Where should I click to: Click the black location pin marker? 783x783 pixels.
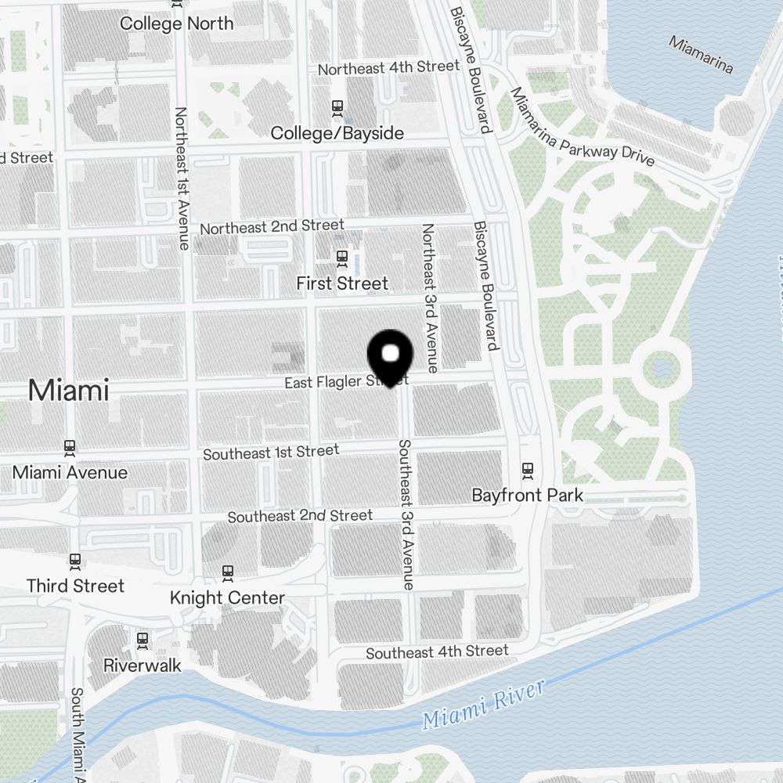(390, 357)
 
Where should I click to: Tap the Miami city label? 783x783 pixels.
(69, 390)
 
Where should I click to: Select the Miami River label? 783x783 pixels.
(482, 705)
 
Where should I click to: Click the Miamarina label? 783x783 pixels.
(701, 54)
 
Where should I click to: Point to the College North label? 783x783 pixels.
(176, 23)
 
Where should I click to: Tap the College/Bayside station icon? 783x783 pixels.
(338, 106)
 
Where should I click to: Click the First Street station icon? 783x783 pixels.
(341, 256)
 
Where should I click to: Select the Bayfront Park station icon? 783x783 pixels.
(528, 470)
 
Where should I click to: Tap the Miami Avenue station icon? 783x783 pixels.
(70, 447)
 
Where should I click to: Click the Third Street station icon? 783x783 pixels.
(75, 560)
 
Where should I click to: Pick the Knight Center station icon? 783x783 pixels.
(228, 572)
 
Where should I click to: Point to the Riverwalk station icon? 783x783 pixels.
(143, 640)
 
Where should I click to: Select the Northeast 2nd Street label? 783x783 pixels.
(272, 227)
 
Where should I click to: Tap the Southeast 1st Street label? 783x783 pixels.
(271, 453)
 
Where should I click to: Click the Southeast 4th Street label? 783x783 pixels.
(437, 651)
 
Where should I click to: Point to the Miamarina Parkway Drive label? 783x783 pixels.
(583, 126)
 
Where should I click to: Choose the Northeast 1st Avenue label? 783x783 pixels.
(182, 179)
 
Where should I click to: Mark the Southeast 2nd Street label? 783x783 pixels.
(300, 516)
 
